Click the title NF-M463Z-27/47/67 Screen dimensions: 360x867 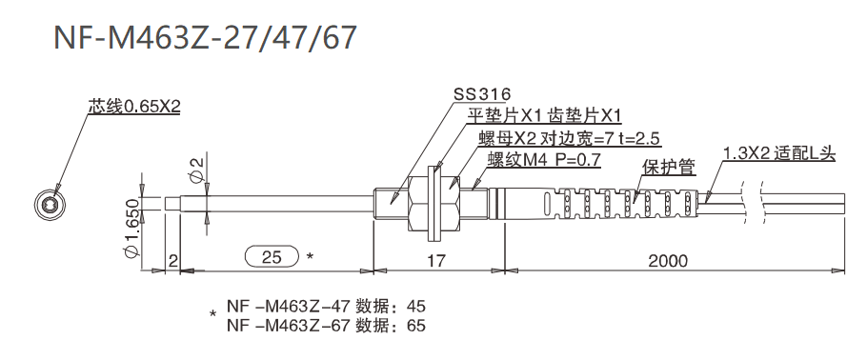click(206, 37)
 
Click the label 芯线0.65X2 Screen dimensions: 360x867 click(133, 107)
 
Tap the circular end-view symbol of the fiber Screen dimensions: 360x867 click(50, 204)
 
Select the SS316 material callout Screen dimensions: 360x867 click(481, 94)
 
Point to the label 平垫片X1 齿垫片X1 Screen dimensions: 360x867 click(543, 116)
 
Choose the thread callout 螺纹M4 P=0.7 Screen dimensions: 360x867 click(543, 160)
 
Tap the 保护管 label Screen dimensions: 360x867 click(668, 168)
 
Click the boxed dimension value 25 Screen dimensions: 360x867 click(272, 256)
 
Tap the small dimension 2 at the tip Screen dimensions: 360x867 click(171, 258)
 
